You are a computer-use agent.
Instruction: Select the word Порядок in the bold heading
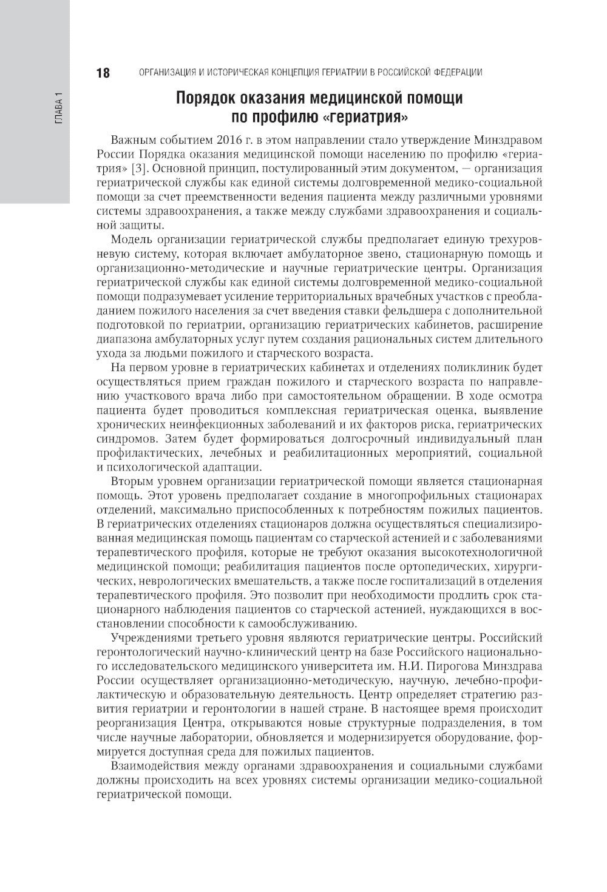(x=208, y=98)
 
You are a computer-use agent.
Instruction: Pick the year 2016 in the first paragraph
(x=226, y=142)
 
